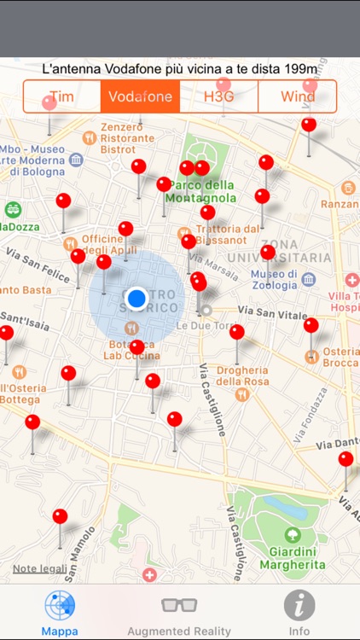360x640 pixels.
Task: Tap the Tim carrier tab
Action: (61, 96)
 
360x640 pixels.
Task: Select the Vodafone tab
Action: (140, 96)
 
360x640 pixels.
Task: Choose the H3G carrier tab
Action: (218, 96)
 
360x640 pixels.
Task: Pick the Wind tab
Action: (297, 96)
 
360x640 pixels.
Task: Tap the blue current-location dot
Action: (136, 298)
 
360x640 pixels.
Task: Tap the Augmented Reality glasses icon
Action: (179, 605)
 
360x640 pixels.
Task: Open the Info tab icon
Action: (299, 605)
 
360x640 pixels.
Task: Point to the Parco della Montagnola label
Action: (202, 192)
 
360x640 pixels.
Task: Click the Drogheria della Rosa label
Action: (242, 375)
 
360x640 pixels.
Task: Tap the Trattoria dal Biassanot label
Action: (227, 235)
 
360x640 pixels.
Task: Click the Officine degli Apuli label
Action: (102, 245)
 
